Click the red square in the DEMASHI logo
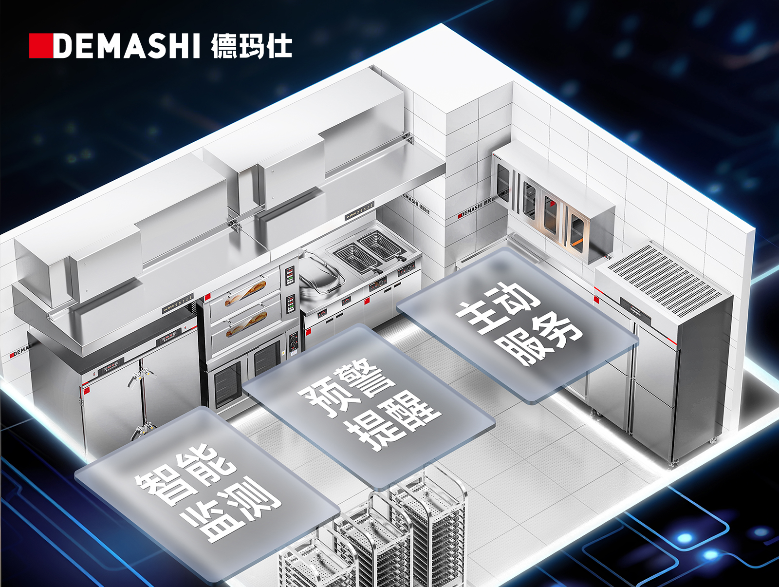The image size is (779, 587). (40, 46)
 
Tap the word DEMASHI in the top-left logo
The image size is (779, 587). (126, 46)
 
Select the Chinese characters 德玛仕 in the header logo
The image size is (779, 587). (251, 46)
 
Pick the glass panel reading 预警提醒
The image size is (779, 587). (369, 407)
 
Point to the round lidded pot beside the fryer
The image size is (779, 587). (319, 273)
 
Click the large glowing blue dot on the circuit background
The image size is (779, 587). (686, 538)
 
